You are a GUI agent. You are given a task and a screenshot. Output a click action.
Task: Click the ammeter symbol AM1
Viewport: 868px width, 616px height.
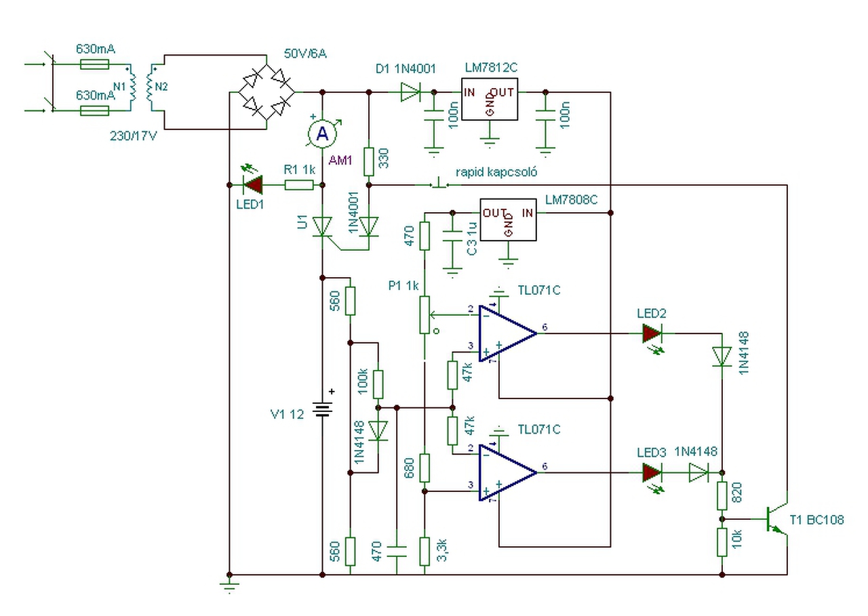pyautogui.click(x=323, y=134)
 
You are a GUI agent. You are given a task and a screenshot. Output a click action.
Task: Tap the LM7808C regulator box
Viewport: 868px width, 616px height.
pyautogui.click(x=507, y=219)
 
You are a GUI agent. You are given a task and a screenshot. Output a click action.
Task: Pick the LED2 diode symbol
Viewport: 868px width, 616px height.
pyautogui.click(x=652, y=333)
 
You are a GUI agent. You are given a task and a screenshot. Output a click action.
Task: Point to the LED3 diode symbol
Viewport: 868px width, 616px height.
pyautogui.click(x=652, y=472)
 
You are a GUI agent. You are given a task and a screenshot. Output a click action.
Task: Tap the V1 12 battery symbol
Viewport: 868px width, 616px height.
pyautogui.click(x=323, y=410)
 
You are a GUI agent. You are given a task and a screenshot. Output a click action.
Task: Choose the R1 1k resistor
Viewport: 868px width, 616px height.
pyautogui.click(x=298, y=184)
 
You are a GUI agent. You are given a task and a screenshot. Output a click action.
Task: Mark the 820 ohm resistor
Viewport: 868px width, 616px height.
pyautogui.click(x=722, y=495)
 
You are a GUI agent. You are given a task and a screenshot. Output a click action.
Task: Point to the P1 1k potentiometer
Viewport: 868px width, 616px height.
pyautogui.click(x=425, y=314)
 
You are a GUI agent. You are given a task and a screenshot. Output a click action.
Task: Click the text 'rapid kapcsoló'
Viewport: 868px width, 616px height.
pyautogui.click(x=496, y=172)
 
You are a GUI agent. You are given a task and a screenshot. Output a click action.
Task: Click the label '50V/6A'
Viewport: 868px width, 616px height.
pyautogui.click(x=305, y=54)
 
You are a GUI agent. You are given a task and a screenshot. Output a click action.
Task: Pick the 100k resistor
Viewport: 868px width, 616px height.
pyautogui.click(x=378, y=384)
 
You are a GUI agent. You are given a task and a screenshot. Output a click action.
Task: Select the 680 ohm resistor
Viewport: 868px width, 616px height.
pyautogui.click(x=425, y=468)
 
